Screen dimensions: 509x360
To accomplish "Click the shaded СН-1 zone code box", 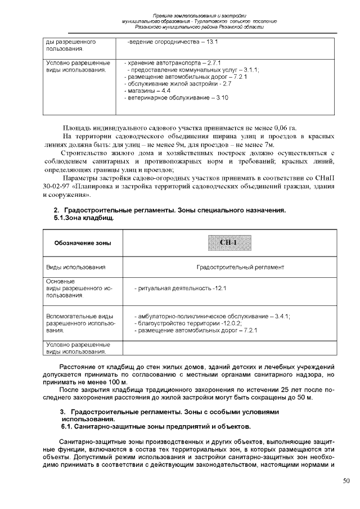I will pos(228,242).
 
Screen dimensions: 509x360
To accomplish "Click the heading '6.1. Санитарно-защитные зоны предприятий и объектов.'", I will pos(155,426).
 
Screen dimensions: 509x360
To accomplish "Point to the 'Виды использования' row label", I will pos(76,267).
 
